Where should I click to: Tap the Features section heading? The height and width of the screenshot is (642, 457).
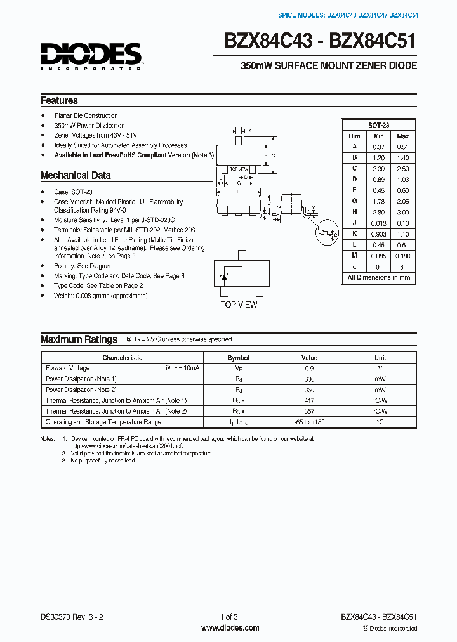(59, 100)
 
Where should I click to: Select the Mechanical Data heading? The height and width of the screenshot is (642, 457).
(76, 175)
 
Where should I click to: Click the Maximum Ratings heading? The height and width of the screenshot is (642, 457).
(79, 339)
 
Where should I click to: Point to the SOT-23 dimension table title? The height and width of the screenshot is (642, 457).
(378, 125)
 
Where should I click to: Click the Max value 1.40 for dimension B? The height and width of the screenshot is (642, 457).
(402, 157)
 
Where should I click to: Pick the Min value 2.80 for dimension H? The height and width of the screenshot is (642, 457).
(378, 213)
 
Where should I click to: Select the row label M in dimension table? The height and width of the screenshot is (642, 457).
(354, 256)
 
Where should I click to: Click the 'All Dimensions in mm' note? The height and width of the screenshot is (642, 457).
(378, 278)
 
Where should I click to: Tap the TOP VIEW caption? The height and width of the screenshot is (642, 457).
(239, 305)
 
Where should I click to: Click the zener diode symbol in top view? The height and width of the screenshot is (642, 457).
(223, 278)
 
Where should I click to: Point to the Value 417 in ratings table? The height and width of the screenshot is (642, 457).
(309, 400)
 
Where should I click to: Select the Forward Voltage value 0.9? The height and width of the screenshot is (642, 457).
(309, 368)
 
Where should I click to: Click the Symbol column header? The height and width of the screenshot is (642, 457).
(239, 358)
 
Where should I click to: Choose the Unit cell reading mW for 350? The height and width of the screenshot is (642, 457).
(380, 390)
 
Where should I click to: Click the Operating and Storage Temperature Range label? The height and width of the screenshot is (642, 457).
(103, 422)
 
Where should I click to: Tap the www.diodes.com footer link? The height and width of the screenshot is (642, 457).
(230, 628)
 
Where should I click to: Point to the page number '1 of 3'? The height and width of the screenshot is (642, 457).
(228, 617)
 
